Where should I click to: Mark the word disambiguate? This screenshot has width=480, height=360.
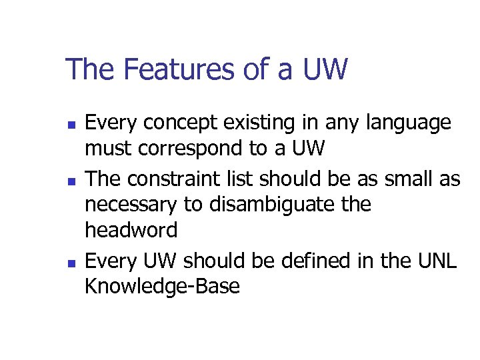click(275, 205)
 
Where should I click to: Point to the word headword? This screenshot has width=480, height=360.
click(131, 230)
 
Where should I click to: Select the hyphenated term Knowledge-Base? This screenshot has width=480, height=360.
click(162, 287)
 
